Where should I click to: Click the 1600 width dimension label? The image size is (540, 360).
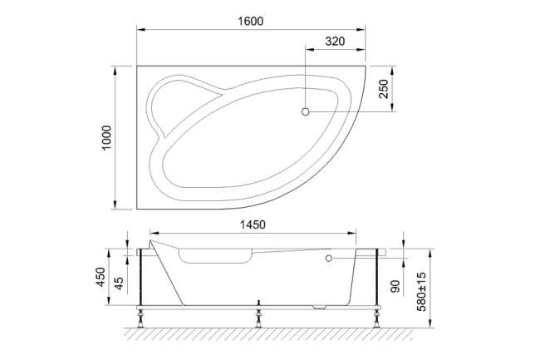tap(253, 22)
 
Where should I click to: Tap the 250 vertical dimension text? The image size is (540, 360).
tap(384, 89)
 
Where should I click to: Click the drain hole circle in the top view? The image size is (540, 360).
tap(305, 111)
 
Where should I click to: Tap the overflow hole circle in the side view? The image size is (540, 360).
tap(328, 259)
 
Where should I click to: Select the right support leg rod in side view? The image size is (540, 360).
tap(380, 279)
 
